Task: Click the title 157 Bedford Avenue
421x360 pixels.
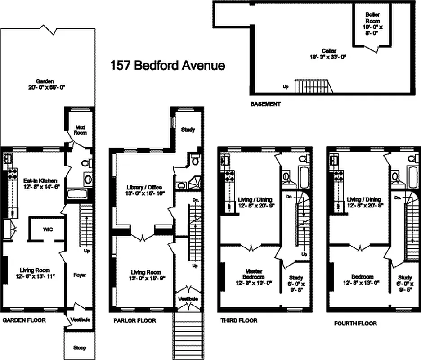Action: pos(168,66)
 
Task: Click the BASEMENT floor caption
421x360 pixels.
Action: pos(265,104)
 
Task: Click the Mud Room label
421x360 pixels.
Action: pos(80,130)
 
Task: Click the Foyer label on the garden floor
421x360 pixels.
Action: pos(80,274)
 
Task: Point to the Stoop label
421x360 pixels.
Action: pos(80,347)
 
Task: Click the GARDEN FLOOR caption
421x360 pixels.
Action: pos(24,320)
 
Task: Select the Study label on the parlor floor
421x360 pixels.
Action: pos(188,130)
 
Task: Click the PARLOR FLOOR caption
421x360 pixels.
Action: pos(134,320)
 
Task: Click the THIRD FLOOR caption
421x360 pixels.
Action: pos(239,320)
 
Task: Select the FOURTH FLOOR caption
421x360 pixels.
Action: pos(355,323)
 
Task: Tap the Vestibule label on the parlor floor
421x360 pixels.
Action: pos(189,299)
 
